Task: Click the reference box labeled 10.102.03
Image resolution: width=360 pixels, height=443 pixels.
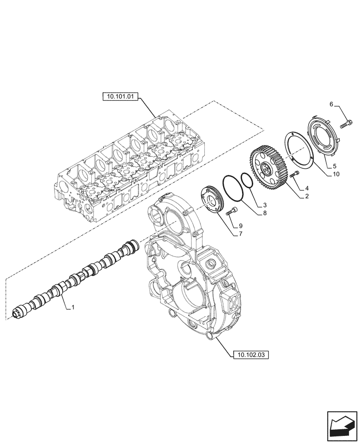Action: (250, 354)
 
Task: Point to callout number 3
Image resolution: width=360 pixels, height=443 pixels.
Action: (265, 205)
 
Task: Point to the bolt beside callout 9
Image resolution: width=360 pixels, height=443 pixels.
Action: (231, 211)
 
